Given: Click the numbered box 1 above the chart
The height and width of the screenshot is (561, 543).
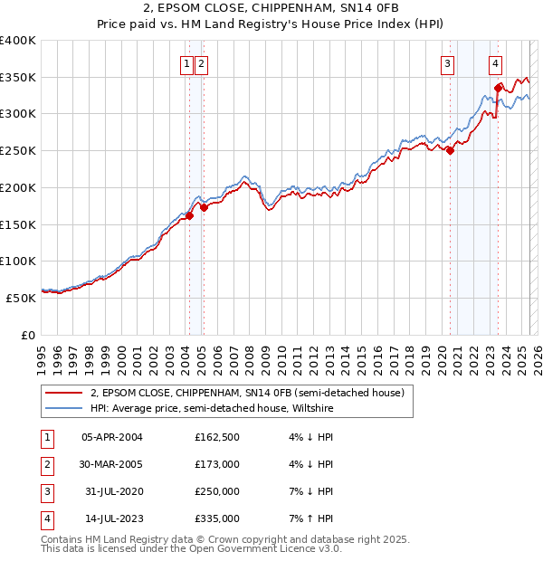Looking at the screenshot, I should [186, 63].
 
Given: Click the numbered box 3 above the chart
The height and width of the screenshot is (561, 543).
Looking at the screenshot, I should [447, 63].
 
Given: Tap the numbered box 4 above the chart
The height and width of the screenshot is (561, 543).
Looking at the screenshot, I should [496, 63].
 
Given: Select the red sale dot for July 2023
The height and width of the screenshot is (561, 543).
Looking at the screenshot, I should [498, 88].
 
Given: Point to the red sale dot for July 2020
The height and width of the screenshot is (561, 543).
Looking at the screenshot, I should [450, 150].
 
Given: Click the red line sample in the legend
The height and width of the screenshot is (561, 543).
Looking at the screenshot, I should [63, 393].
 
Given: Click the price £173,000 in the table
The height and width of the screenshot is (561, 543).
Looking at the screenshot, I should [217, 465].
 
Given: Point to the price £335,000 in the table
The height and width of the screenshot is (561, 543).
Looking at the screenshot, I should [217, 519].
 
